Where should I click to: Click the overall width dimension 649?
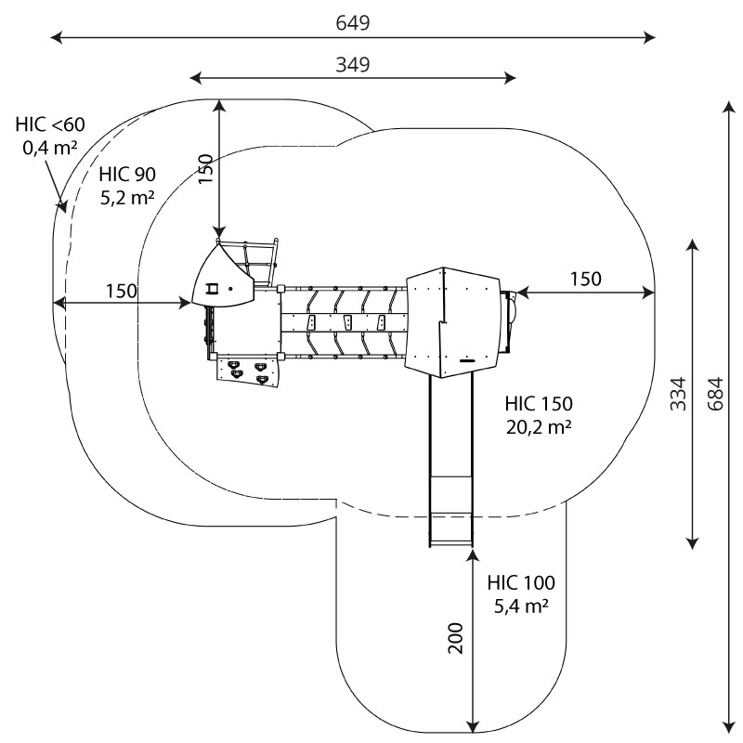[353, 23]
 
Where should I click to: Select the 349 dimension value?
[353, 64]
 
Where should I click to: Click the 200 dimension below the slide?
[455, 637]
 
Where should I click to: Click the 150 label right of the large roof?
[585, 279]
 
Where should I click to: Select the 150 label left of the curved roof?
[121, 290]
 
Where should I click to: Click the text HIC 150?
[539, 405]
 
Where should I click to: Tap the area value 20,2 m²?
[539, 427]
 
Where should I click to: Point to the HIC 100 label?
[521, 583]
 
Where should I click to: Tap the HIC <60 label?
[49, 124]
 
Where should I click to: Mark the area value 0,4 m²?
[49, 146]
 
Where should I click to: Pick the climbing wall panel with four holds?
[248, 370]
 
